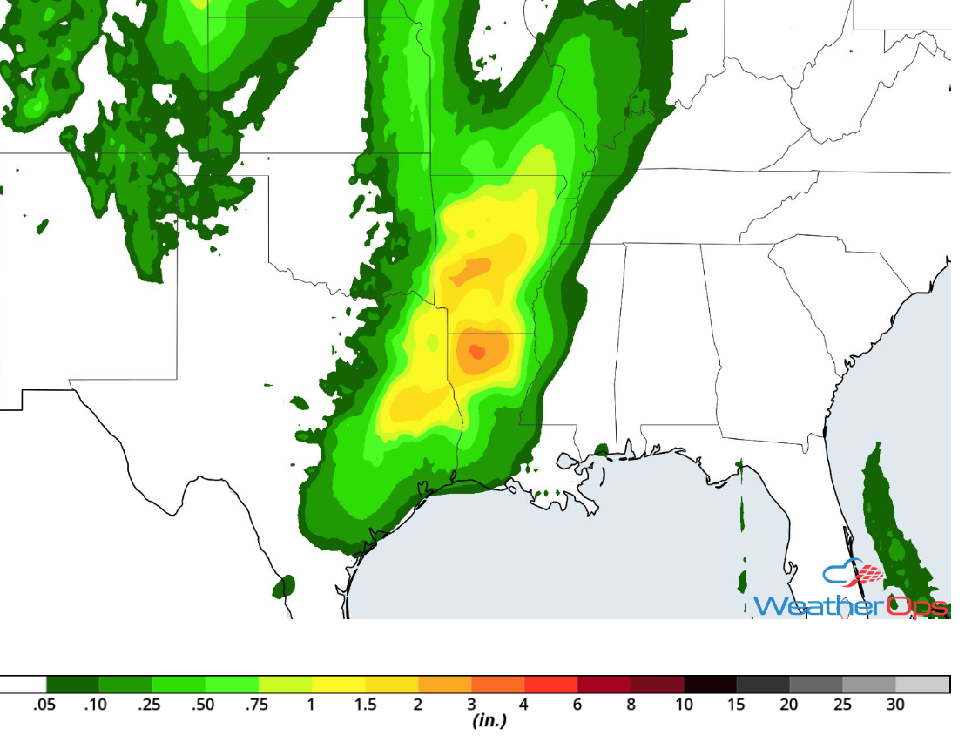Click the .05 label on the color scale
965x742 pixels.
click(x=44, y=705)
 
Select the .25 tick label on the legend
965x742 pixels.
click(x=150, y=705)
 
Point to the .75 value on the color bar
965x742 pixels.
click(x=258, y=705)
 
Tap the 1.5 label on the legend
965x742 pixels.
click(x=366, y=705)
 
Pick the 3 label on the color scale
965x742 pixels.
click(x=471, y=705)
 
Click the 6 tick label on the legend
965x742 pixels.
click(x=577, y=705)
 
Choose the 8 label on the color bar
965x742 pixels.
click(x=631, y=705)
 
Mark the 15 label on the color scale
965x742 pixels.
click(x=736, y=705)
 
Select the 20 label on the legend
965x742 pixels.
click(x=789, y=705)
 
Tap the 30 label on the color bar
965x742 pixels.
click(x=895, y=705)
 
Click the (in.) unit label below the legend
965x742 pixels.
click(x=489, y=721)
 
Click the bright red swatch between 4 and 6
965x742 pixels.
click(x=551, y=685)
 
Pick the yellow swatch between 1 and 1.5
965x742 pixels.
click(x=339, y=685)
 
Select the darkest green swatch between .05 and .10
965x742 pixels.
click(x=72, y=685)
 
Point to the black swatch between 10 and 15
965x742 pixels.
click(x=710, y=685)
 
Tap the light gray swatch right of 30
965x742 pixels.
click(x=922, y=685)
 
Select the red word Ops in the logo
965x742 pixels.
click(x=916, y=605)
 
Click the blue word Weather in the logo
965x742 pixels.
click(x=819, y=605)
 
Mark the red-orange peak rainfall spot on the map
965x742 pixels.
click(x=477, y=352)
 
